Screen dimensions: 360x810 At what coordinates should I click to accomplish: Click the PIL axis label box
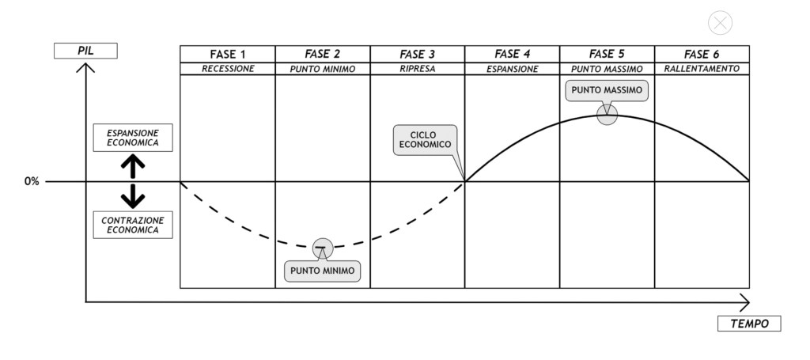(x=85, y=51)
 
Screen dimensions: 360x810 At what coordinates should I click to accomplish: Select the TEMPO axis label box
(x=749, y=324)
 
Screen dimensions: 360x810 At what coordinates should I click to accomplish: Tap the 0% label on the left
(x=32, y=181)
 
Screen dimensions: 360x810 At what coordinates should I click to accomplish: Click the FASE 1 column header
(x=228, y=54)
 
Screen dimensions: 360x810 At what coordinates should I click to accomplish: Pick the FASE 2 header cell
(x=323, y=54)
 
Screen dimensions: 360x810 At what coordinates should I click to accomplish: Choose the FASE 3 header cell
(x=418, y=54)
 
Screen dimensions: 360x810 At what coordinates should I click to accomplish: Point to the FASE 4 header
(x=513, y=54)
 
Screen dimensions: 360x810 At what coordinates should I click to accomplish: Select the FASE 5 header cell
(x=607, y=54)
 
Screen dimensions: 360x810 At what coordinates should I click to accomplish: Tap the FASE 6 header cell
(x=702, y=54)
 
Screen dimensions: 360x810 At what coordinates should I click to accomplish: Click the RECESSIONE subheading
(x=228, y=69)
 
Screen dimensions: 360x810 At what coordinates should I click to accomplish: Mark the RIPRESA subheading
(x=418, y=69)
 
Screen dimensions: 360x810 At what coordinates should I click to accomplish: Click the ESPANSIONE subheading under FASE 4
(x=513, y=69)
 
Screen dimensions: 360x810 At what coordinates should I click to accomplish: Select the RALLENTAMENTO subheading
(x=702, y=69)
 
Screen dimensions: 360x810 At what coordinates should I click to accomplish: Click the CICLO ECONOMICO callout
(x=425, y=140)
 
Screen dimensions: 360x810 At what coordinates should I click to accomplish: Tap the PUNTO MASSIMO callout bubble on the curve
(x=607, y=90)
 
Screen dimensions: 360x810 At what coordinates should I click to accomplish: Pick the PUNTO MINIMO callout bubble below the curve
(x=322, y=271)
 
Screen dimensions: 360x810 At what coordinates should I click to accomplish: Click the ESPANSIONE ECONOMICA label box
(x=132, y=138)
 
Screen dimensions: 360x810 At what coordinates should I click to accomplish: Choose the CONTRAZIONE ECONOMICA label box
(x=132, y=225)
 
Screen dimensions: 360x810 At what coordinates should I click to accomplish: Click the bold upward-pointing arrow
(x=132, y=165)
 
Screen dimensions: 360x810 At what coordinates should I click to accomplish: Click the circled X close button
(x=720, y=23)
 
